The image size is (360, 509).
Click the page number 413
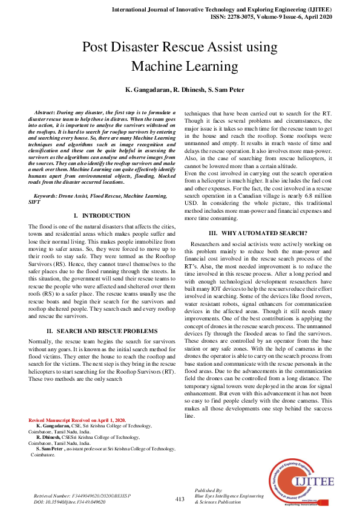[180, 499]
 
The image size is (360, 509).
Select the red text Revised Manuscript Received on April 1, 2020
[77, 420]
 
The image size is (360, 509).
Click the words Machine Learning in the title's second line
[180, 66]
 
